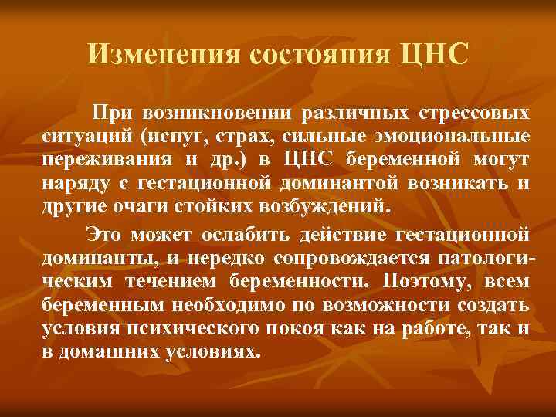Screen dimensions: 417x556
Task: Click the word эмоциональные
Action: coord(463,138)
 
